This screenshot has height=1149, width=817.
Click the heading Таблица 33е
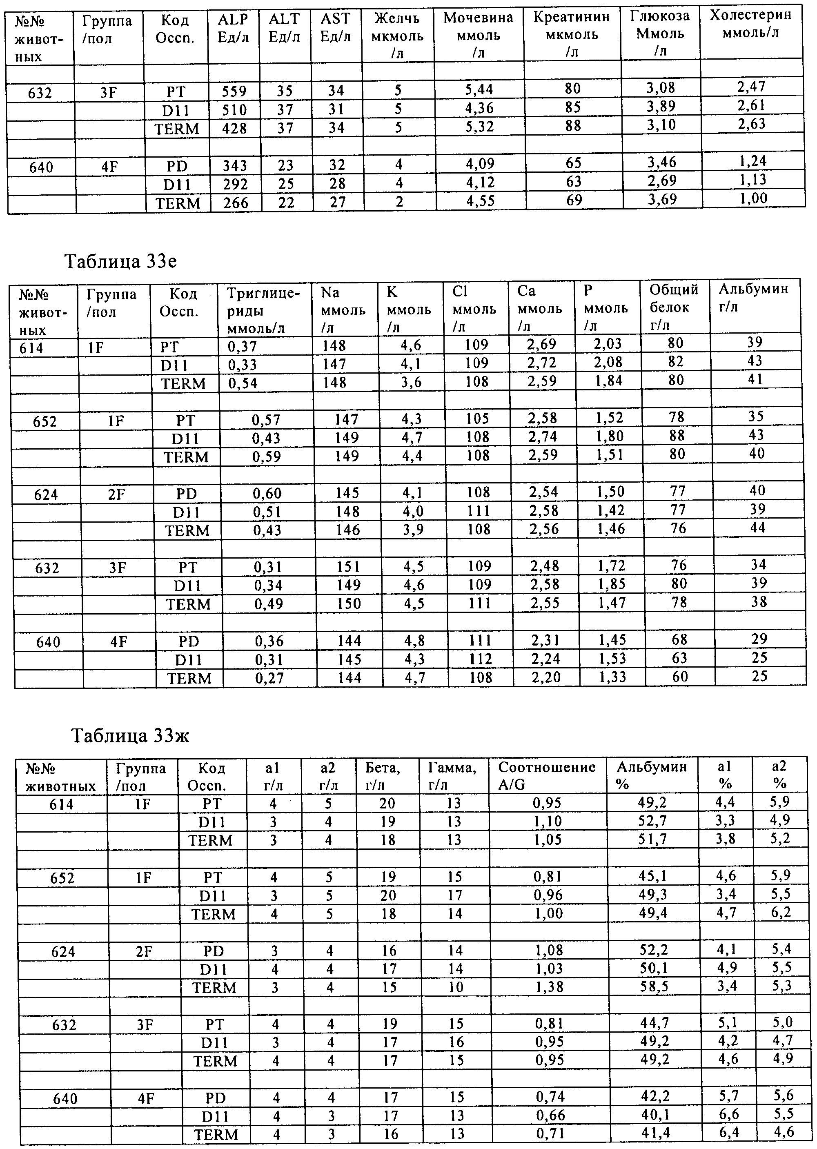(x=121, y=262)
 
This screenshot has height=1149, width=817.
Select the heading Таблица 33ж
(x=130, y=735)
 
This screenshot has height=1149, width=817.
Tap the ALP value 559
(x=234, y=91)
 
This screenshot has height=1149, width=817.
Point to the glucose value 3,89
(x=661, y=107)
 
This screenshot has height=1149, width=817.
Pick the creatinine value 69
(x=574, y=200)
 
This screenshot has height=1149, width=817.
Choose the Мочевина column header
(x=478, y=35)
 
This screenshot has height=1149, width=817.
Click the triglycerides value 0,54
(x=243, y=383)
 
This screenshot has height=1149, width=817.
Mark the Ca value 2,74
(x=542, y=436)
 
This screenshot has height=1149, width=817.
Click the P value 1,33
(x=611, y=677)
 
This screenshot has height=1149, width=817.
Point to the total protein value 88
(x=677, y=436)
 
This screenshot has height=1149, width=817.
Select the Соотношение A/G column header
(x=547, y=775)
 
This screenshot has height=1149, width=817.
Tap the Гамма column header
(x=451, y=775)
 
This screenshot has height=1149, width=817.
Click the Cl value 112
(x=480, y=659)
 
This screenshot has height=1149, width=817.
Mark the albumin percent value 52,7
(x=652, y=821)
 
